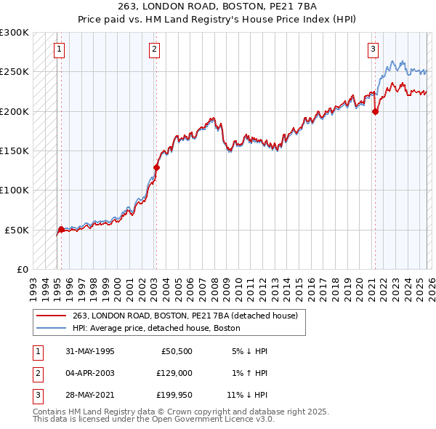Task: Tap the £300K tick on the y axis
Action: pos(15,33)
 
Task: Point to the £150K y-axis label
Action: pos(15,151)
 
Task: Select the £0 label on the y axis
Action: pos(22,269)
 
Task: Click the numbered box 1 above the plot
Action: pos(58,49)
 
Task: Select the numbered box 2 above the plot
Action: pos(155,49)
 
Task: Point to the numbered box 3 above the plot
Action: pos(373,49)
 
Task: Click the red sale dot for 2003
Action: pos(156,167)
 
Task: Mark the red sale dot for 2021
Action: pos(376,111)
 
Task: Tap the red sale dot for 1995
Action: pos(61,229)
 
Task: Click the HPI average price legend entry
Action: pos(156,328)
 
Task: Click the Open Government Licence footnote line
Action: pos(153,419)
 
